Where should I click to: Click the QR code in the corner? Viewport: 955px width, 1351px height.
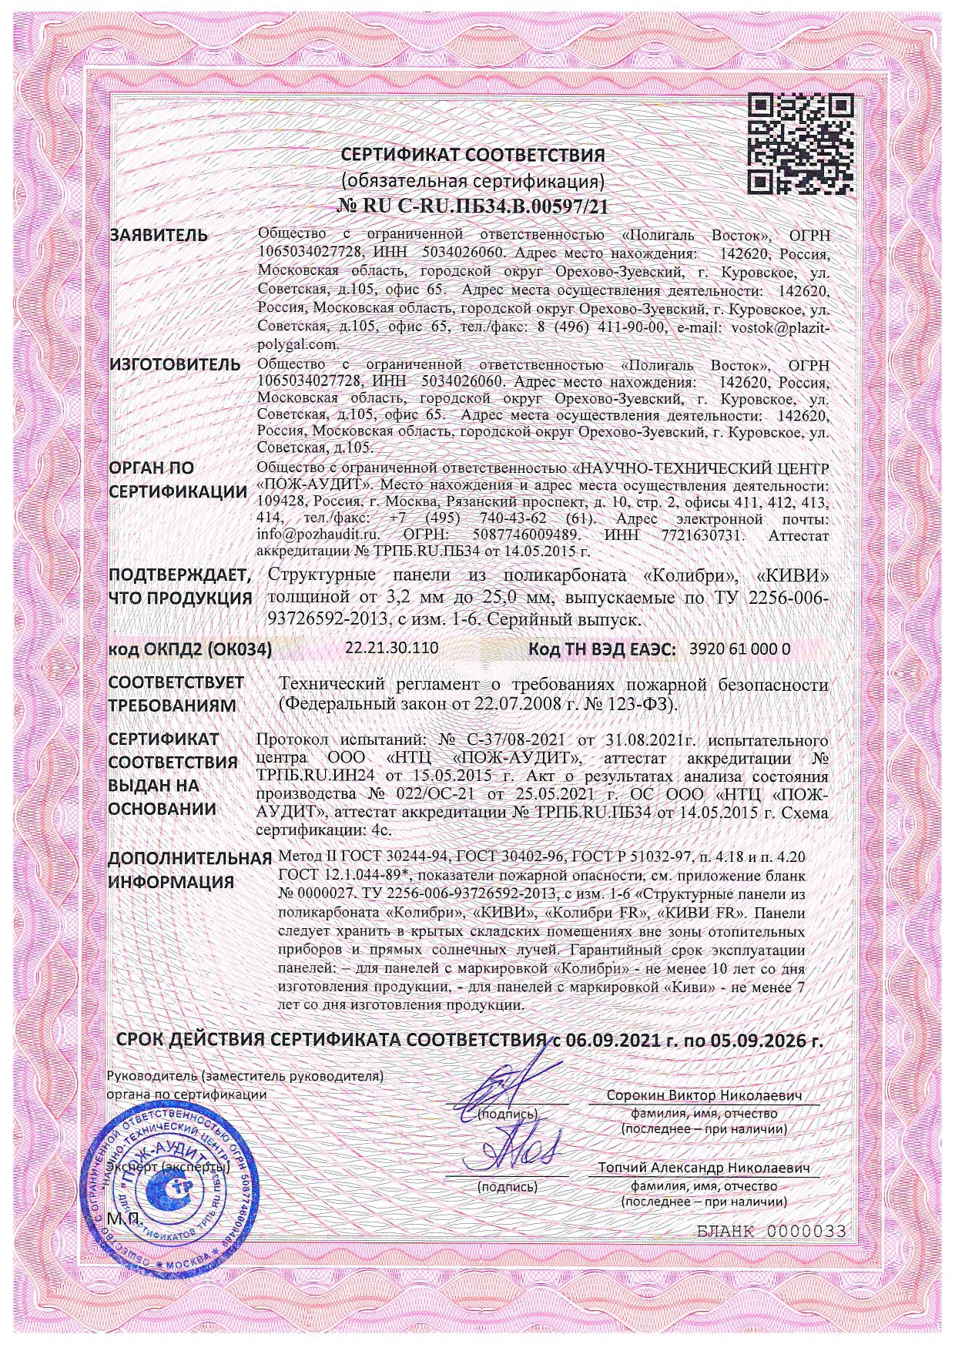(x=802, y=143)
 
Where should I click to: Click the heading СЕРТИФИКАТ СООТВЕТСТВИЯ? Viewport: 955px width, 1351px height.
(x=474, y=156)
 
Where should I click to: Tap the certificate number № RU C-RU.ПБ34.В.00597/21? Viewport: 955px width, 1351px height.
(x=474, y=206)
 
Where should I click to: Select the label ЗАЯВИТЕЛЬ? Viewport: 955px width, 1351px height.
(x=159, y=236)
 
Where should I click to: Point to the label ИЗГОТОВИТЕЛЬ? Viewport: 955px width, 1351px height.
(x=174, y=364)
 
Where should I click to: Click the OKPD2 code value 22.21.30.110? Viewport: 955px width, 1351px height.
(x=392, y=648)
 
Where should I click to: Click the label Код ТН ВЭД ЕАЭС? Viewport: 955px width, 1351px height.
(x=602, y=649)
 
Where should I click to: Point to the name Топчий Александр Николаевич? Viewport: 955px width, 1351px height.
(x=705, y=1168)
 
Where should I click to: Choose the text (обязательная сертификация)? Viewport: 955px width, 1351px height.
(x=474, y=181)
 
